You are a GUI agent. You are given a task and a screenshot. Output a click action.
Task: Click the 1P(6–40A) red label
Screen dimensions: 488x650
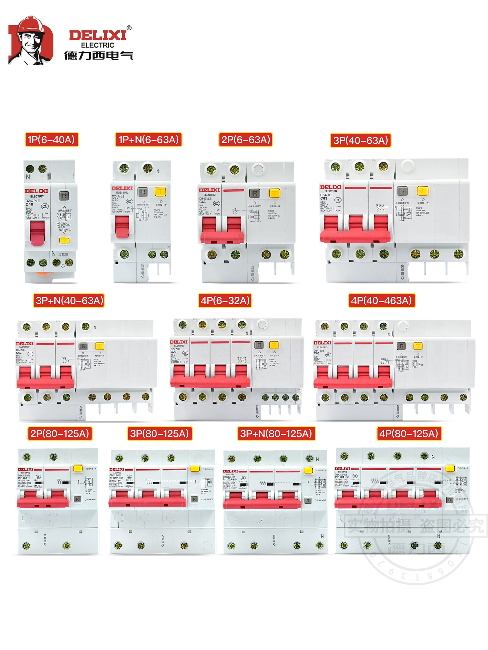click(51, 140)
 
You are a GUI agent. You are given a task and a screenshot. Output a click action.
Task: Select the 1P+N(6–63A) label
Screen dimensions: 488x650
click(148, 140)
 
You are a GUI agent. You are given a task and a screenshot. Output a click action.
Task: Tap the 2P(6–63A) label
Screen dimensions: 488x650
click(246, 140)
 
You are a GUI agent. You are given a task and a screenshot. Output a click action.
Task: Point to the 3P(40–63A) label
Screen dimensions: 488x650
click(360, 140)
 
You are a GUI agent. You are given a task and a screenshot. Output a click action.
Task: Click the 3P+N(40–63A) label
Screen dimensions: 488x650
click(69, 301)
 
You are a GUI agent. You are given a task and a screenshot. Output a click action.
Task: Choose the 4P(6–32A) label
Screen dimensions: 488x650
click(225, 301)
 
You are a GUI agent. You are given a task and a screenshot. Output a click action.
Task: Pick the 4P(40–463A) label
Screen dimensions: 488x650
click(381, 301)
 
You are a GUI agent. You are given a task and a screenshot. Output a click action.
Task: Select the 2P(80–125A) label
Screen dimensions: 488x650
click(60, 434)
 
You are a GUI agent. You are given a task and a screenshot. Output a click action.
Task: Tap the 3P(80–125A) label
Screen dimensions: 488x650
click(159, 434)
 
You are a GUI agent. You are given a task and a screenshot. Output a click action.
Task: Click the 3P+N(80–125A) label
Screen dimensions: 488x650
click(276, 434)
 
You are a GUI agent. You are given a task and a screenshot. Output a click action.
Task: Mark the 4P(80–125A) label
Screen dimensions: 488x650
click(409, 434)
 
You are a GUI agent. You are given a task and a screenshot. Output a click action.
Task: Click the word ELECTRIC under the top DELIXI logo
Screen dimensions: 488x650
click(98, 45)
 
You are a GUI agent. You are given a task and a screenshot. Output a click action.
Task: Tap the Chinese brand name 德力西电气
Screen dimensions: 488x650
click(99, 56)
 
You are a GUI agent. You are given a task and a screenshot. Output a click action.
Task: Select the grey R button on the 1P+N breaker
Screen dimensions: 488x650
click(143, 192)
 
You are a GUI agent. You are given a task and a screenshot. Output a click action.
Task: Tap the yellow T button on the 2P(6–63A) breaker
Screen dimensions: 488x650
click(275, 193)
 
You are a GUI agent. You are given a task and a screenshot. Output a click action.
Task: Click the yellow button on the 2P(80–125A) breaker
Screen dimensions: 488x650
click(78, 468)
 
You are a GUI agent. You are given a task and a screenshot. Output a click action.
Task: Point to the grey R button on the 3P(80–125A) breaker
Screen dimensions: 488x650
click(194, 499)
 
